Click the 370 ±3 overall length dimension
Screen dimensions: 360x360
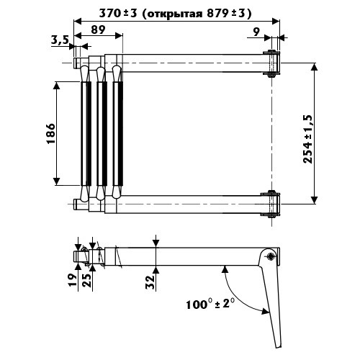(x=118, y=14)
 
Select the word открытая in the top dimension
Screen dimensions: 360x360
(x=175, y=14)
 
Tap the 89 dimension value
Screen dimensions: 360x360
(x=98, y=30)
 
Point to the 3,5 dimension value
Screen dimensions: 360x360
(x=60, y=40)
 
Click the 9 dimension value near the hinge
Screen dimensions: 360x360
(x=256, y=32)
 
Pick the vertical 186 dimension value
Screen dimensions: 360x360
(x=51, y=133)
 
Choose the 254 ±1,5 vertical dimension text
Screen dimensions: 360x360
(x=308, y=139)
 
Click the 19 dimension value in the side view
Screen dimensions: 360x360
(x=73, y=279)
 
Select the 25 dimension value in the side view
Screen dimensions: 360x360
(x=87, y=279)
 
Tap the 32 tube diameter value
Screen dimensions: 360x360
(x=150, y=282)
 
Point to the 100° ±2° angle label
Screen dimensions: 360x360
(x=210, y=304)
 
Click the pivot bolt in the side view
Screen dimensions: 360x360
(x=271, y=256)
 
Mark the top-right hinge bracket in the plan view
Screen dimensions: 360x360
(x=271, y=63)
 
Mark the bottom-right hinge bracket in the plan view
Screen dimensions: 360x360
(x=271, y=204)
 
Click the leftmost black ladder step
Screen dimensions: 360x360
(x=89, y=133)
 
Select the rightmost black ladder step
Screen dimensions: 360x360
(x=120, y=133)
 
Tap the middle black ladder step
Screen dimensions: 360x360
(x=104, y=133)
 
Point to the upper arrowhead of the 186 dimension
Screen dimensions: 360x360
(x=57, y=86)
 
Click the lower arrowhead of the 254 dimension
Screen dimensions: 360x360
(x=314, y=200)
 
